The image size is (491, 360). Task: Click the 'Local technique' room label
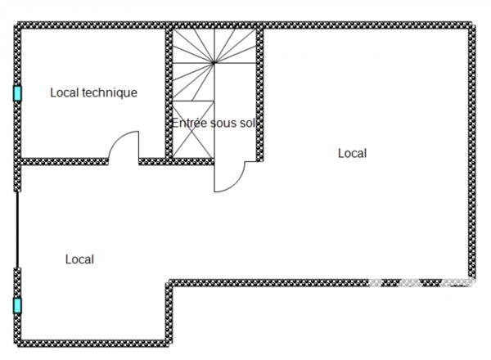[93, 92]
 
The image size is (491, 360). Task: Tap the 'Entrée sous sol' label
[214, 123]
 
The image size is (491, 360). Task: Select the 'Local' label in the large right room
[352, 153]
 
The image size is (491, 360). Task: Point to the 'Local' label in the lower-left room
[79, 259]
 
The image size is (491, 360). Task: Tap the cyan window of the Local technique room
[17, 93]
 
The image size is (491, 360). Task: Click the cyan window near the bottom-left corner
[17, 306]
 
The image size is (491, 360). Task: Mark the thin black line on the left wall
[17, 229]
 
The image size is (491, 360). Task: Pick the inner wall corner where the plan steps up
[170, 283]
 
